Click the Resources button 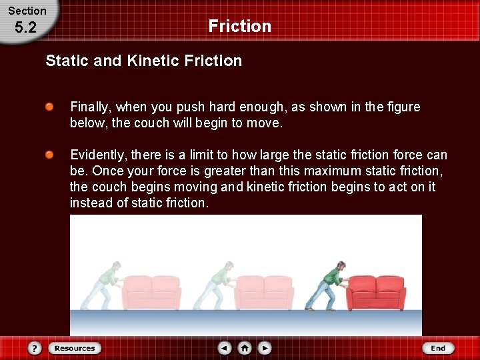coord(74,348)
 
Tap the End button coord(438,348)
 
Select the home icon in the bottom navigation coord(245,348)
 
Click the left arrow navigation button coord(225,348)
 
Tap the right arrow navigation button coord(265,348)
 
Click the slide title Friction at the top coord(239,26)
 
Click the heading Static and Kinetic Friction coord(143,61)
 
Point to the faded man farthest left coord(106,285)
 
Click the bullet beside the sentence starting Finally coord(50,107)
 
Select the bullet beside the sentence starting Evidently coord(50,155)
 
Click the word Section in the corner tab coord(27,11)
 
